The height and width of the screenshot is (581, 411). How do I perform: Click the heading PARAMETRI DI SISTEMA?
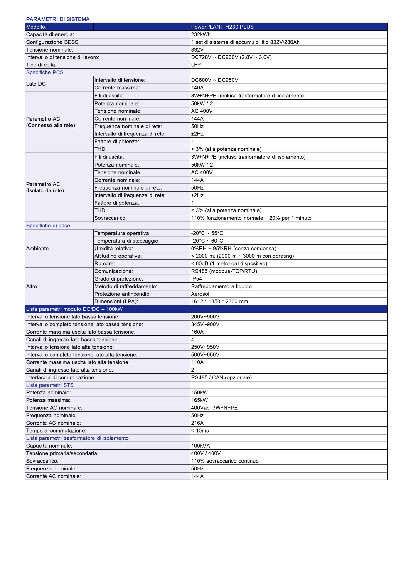[x=58, y=19]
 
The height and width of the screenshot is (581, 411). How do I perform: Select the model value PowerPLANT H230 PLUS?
[x=222, y=27]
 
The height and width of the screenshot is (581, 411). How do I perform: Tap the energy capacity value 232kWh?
[x=201, y=34]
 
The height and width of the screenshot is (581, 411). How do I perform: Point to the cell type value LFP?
[x=196, y=65]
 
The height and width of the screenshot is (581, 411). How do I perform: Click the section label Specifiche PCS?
[x=45, y=72]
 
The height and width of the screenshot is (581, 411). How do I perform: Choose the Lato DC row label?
[x=36, y=84]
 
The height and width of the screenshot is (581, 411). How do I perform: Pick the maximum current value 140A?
[x=197, y=88]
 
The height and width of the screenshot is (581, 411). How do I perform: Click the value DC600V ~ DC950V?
[x=215, y=80]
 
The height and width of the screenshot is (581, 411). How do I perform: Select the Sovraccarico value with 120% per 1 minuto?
[x=251, y=218]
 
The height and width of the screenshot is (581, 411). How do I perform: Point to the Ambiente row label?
[x=37, y=248]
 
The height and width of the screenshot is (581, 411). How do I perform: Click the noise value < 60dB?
[x=229, y=263]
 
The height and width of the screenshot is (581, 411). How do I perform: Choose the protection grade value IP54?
[x=197, y=279]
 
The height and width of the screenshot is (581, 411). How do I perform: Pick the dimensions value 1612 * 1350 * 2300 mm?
[x=219, y=301]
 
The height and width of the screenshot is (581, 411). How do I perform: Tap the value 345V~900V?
[x=205, y=324]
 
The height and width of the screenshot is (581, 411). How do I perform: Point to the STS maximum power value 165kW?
[x=199, y=400]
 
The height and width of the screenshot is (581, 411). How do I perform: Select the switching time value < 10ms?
[x=200, y=431]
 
